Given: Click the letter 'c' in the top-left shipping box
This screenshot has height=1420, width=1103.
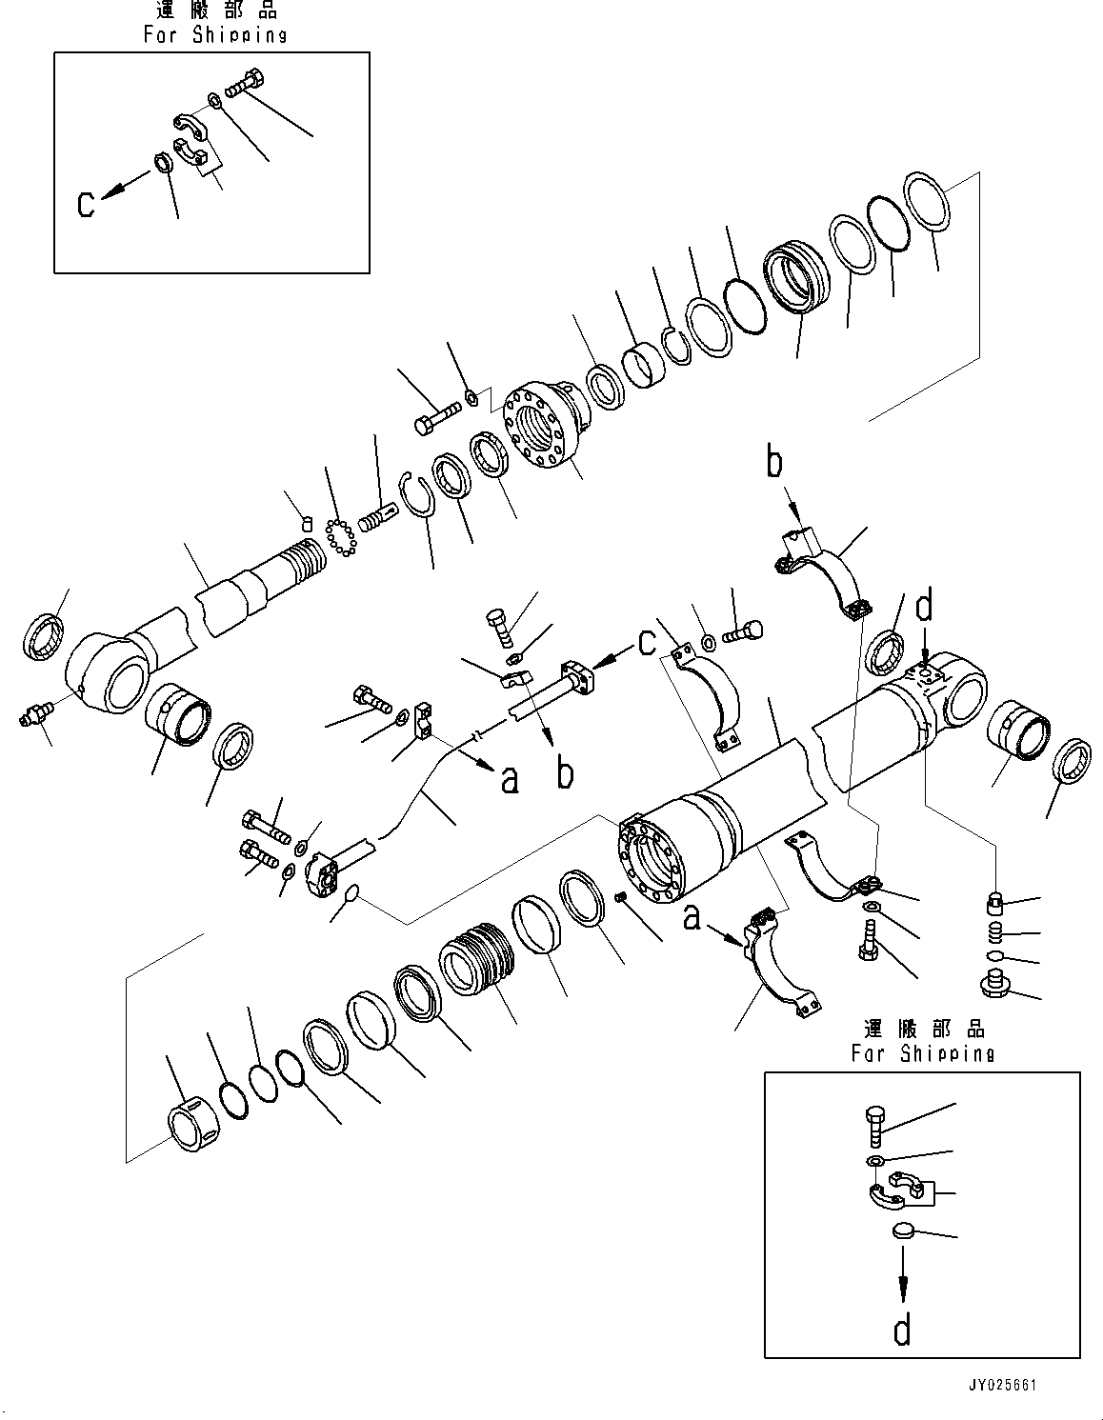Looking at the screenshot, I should (86, 204).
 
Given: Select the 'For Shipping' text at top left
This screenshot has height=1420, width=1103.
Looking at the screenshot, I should (215, 35).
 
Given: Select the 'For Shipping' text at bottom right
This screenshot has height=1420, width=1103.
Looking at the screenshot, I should (922, 1053).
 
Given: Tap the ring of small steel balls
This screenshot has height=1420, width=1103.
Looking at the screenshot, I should (339, 537).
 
